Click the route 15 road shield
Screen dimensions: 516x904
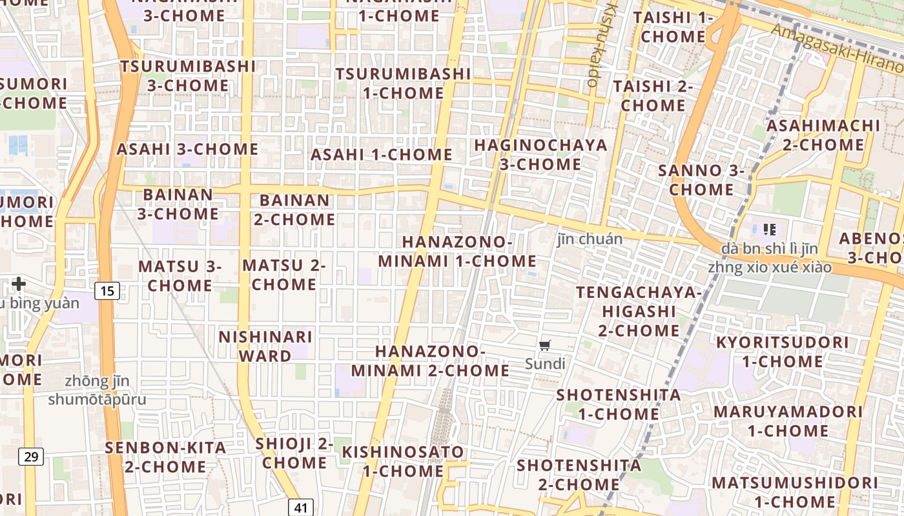point(107,291)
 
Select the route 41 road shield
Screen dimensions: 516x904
point(301,508)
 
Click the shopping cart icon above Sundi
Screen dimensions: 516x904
point(545,346)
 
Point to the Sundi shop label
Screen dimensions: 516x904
point(545,364)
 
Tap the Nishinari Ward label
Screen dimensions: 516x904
point(265,346)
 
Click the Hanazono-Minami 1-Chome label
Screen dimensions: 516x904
point(457,252)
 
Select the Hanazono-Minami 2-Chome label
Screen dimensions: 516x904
point(430,361)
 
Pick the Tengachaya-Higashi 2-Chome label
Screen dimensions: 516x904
point(639,312)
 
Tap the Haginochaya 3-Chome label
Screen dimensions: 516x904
point(541,155)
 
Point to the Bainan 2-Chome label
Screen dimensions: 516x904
point(294,210)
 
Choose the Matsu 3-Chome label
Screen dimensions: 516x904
point(180,275)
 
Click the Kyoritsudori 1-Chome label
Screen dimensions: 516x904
point(782,352)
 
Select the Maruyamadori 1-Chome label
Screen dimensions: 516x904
point(788,421)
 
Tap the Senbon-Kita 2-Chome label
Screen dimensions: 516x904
point(165,457)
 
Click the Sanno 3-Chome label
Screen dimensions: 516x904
point(701,180)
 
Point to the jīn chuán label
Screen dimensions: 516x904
point(590,239)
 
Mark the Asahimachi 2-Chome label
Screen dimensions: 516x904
point(823,135)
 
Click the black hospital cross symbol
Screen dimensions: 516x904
point(19,283)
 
